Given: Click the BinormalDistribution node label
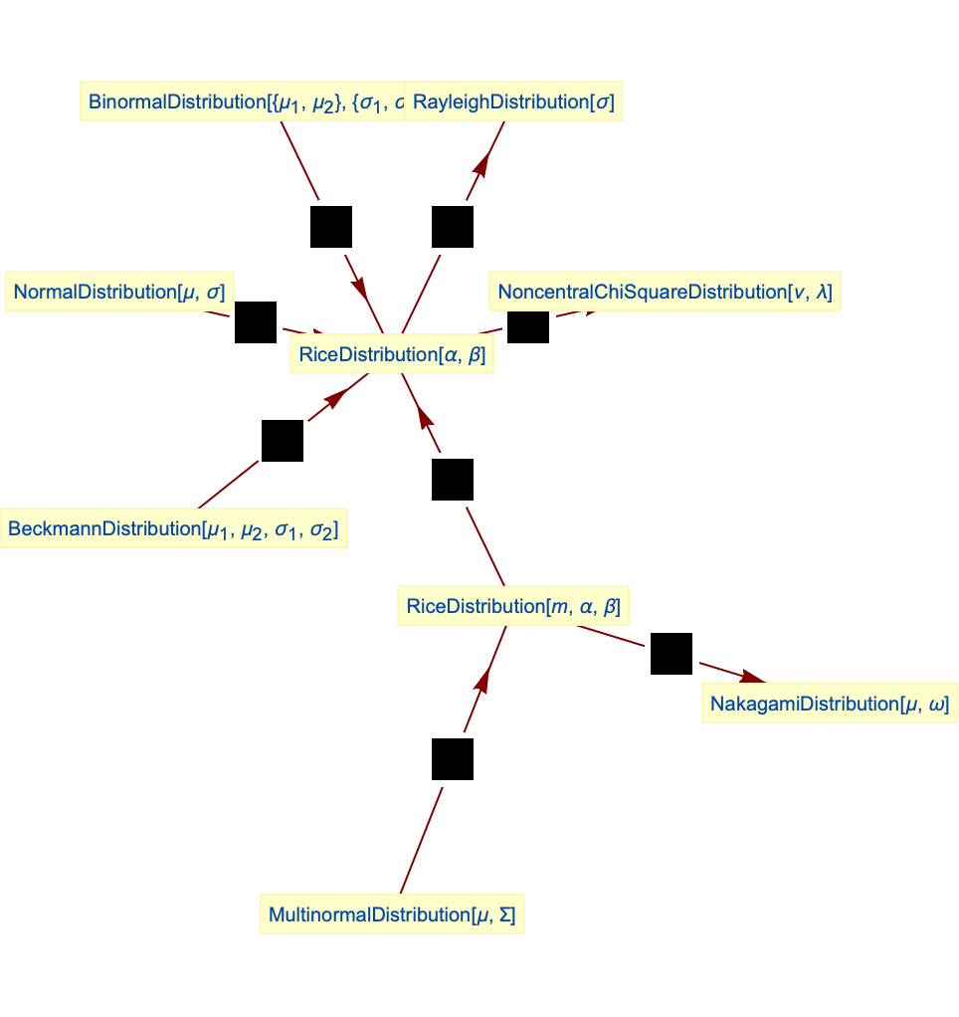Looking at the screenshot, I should (x=243, y=102).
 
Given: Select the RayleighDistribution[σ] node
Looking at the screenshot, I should (x=513, y=102).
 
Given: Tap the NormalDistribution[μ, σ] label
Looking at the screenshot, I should (x=118, y=292).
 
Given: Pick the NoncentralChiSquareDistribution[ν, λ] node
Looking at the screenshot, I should (x=666, y=292).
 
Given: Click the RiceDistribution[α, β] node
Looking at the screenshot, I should (x=392, y=354).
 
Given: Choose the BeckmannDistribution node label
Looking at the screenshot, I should (x=173, y=529).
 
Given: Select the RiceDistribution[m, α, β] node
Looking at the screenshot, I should (x=513, y=606).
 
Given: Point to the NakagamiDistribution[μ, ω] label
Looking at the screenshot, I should (x=829, y=704).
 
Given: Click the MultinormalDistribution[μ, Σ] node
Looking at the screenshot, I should (x=392, y=915).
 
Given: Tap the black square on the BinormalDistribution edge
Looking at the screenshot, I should (x=331, y=227).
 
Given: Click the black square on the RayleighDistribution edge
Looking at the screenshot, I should (x=453, y=227).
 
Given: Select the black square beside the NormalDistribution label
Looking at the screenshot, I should (x=256, y=322).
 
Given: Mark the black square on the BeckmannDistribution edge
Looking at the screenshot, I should (x=283, y=441).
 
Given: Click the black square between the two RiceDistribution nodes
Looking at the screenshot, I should (x=453, y=480).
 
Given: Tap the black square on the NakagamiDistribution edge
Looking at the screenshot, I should (x=671, y=654).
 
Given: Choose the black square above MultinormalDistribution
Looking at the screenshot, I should (x=453, y=759).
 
